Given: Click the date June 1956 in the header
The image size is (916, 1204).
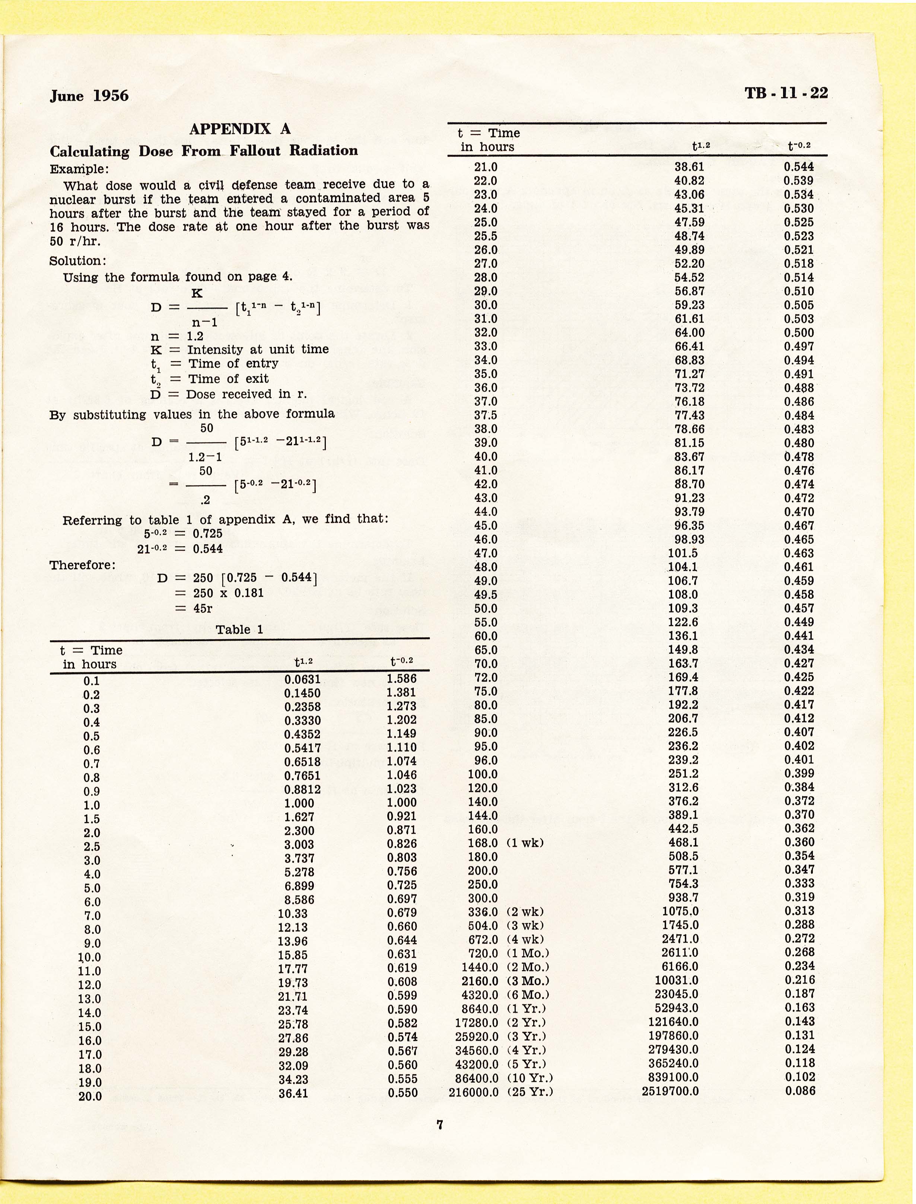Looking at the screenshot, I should [89, 96].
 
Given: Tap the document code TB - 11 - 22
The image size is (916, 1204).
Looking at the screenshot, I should [786, 93].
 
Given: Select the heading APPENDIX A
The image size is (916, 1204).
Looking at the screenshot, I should [240, 129].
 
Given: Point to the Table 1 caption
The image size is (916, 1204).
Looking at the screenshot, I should [239, 630].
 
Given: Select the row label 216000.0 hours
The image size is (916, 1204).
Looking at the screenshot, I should [473, 1092].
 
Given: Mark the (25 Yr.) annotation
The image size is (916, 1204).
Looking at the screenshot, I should [530, 1092].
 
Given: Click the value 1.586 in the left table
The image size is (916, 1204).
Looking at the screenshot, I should [401, 679].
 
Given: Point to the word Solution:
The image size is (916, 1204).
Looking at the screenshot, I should [77, 261].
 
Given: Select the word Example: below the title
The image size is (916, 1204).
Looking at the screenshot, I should [79, 169].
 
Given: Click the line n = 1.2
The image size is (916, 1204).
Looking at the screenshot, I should [176, 336].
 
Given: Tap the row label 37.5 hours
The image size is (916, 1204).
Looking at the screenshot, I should [485, 415].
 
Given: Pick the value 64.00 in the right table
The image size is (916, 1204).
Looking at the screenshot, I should [689, 332].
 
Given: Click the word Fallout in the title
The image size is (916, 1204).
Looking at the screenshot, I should [255, 151].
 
